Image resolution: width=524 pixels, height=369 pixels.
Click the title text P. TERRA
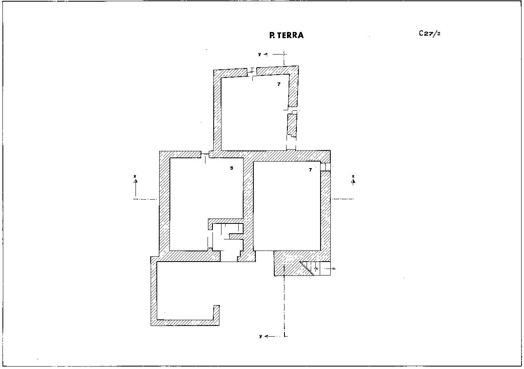pos(287,35)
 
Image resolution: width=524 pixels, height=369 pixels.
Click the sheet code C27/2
pos(429,34)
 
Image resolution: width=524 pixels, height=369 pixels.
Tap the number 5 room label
pos(231,168)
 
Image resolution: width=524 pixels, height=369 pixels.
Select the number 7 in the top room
pos(279,84)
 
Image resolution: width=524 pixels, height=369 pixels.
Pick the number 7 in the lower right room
pos(310,169)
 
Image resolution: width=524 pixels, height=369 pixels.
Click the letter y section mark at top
pos(260,54)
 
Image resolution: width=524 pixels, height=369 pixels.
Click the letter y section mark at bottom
pos(261,336)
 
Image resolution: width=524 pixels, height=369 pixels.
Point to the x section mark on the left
pos(135,176)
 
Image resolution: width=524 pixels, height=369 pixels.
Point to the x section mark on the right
pos(353,176)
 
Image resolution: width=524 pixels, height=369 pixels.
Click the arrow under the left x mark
pos(136,188)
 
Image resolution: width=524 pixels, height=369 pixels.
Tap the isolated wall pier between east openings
pos(292,125)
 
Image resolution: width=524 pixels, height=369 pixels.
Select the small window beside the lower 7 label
pos(325,166)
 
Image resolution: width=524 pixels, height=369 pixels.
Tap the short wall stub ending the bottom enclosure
pos(216,313)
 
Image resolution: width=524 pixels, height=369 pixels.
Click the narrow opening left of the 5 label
pos(205,155)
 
